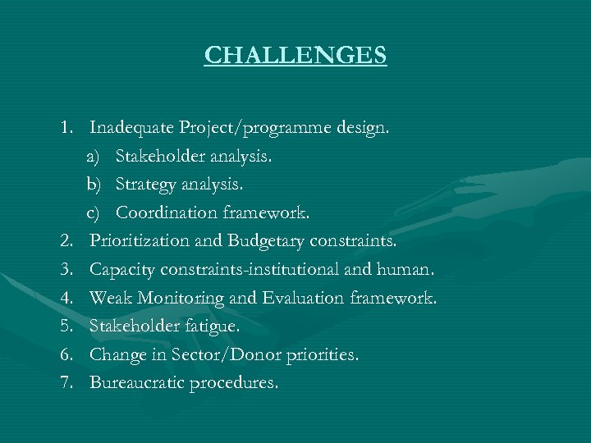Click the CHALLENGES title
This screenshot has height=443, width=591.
click(x=295, y=55)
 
